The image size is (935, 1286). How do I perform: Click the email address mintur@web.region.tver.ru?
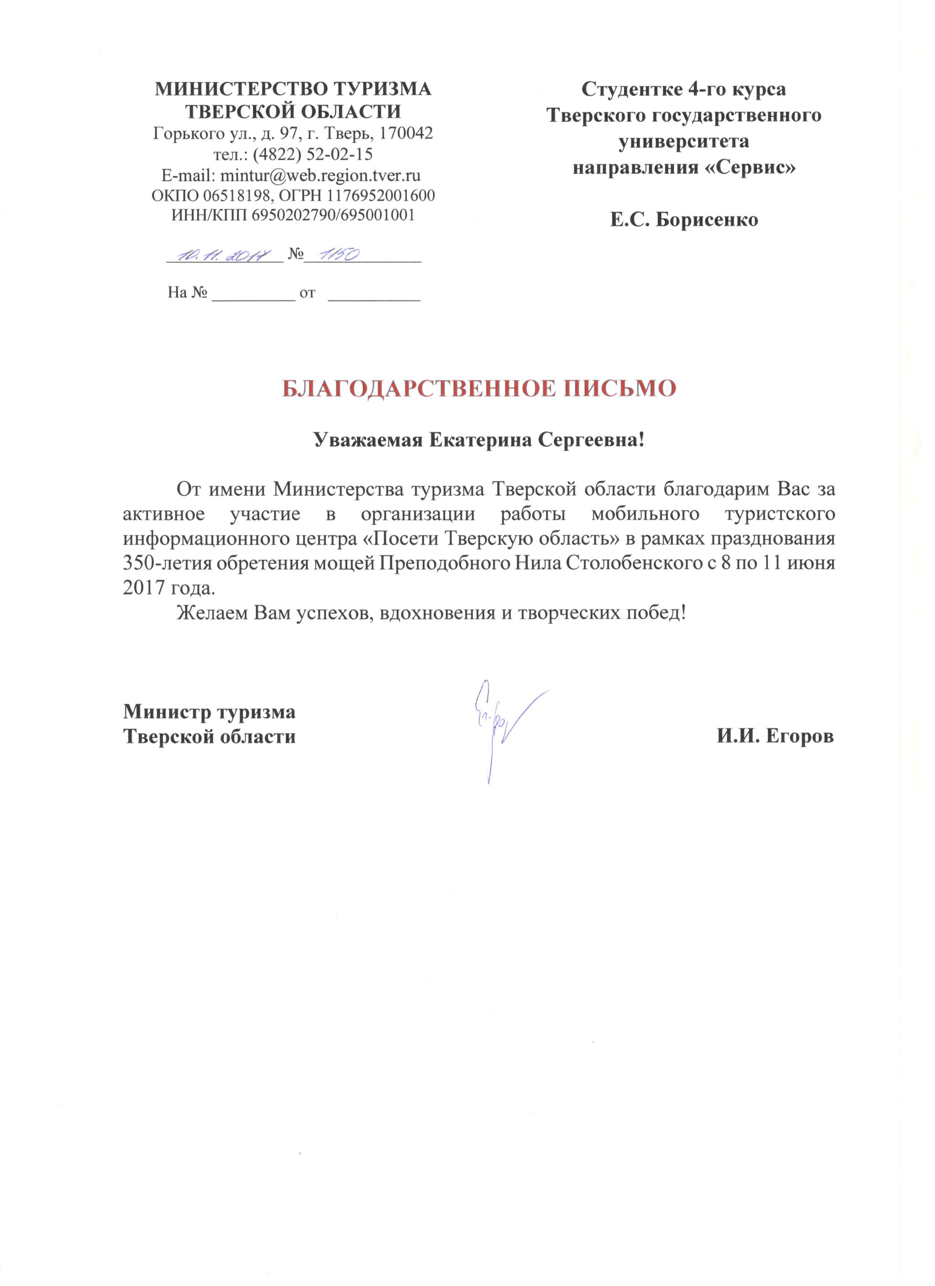point(320,174)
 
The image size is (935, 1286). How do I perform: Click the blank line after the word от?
point(374,295)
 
